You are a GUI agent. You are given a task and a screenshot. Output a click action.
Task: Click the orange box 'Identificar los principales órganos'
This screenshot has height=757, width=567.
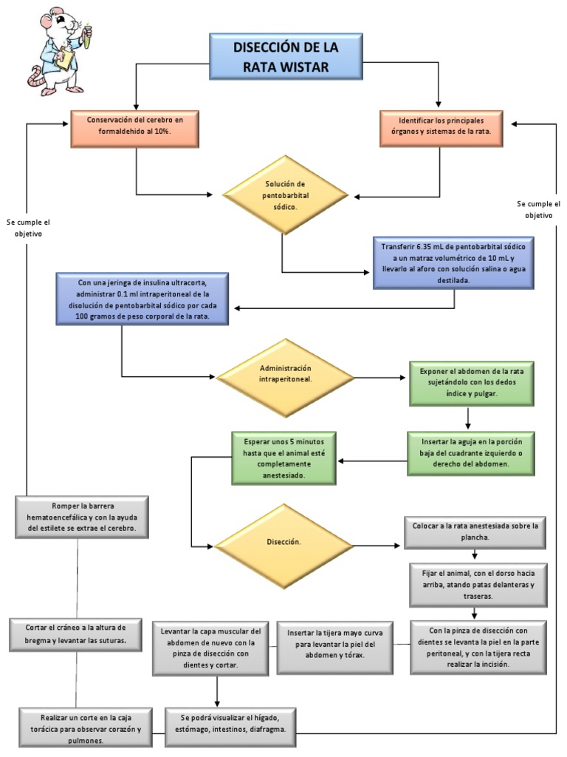tap(441, 129)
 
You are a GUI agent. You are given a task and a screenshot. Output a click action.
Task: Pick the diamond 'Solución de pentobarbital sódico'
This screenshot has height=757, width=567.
tap(285, 195)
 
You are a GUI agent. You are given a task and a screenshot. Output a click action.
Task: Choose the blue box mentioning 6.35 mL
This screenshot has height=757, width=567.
tap(454, 262)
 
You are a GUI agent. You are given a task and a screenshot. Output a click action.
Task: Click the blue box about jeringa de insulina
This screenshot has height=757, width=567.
tap(142, 299)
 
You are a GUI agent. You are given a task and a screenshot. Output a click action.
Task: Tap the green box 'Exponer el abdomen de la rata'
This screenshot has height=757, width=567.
tap(472, 383)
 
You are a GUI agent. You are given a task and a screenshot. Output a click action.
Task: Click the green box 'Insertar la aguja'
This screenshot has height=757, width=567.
tap(472, 452)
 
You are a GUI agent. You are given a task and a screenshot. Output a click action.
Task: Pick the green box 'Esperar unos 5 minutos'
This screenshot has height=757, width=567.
tap(283, 457)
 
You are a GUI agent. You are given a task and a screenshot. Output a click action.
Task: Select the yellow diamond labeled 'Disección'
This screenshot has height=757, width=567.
tap(284, 546)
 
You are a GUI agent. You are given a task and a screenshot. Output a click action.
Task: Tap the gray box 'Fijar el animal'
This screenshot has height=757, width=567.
tap(472, 583)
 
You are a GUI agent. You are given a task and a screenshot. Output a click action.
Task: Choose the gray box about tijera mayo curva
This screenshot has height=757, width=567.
tap(335, 648)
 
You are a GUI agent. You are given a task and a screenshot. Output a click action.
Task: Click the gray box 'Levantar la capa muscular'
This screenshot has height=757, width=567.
tap(210, 648)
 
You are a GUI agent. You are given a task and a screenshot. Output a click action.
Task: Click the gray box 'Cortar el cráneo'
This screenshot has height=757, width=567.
tap(77, 634)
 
